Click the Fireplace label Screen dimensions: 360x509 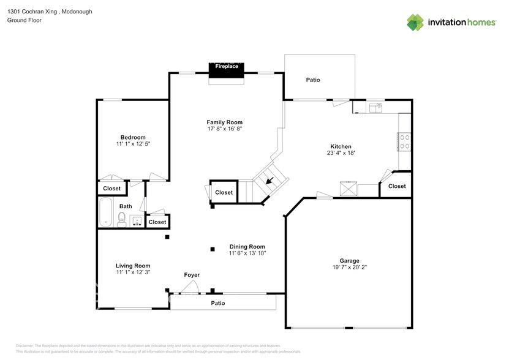coord(227,66)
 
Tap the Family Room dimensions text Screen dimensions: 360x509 coord(224,129)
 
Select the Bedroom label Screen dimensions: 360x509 coord(133,137)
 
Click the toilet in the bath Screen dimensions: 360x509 coord(122,220)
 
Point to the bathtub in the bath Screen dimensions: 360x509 coord(107,212)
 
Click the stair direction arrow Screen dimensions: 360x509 coord(270,180)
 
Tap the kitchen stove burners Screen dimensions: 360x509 coord(404,141)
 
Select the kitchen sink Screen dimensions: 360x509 coord(375,108)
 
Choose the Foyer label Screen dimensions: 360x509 coord(192,275)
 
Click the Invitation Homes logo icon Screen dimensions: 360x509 coord(416,22)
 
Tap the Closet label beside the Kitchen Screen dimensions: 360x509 coord(396,186)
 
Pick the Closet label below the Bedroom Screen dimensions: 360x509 coord(112,189)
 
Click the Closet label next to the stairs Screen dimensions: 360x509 coord(224,192)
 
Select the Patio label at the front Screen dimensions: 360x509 coord(218,303)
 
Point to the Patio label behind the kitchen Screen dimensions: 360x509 coord(313,80)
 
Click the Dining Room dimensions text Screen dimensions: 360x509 coord(247,253)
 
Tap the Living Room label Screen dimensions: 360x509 coord(133,266)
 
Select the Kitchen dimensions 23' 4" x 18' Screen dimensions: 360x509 coord(341,154)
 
